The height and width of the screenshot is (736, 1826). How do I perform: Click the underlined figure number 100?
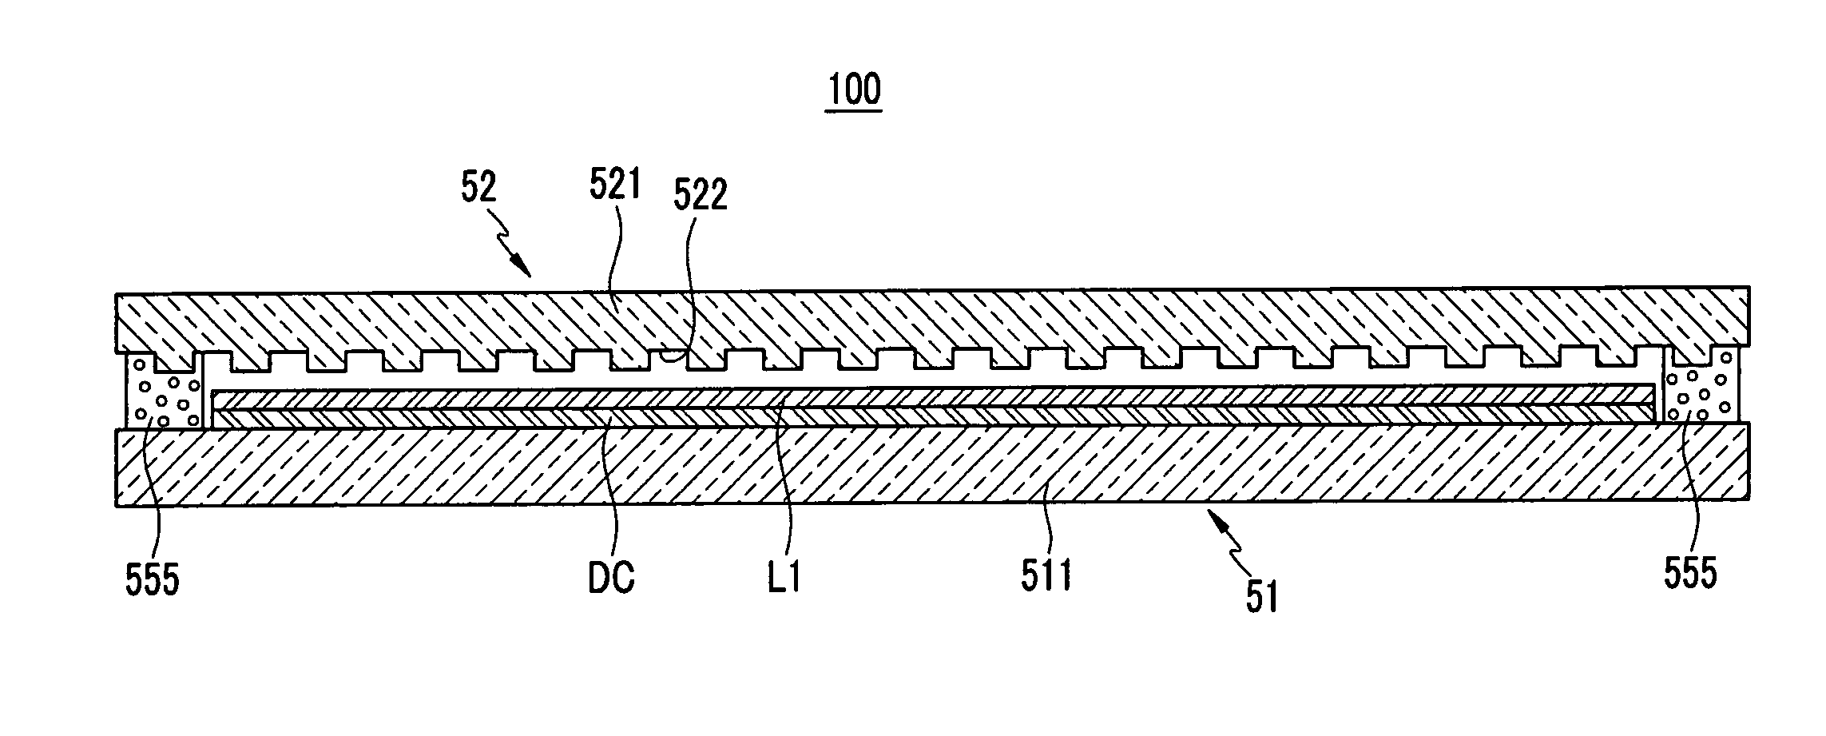point(854,90)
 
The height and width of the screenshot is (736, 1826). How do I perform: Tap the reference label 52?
point(478,186)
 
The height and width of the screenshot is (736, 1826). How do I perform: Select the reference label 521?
point(615,185)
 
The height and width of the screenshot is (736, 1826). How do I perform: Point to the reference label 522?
point(701,195)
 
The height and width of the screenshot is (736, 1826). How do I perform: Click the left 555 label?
point(152,579)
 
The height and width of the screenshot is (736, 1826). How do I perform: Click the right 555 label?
point(1691,573)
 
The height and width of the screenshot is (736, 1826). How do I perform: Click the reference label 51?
point(1262,597)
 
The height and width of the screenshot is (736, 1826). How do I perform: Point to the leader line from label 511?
point(1042,511)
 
